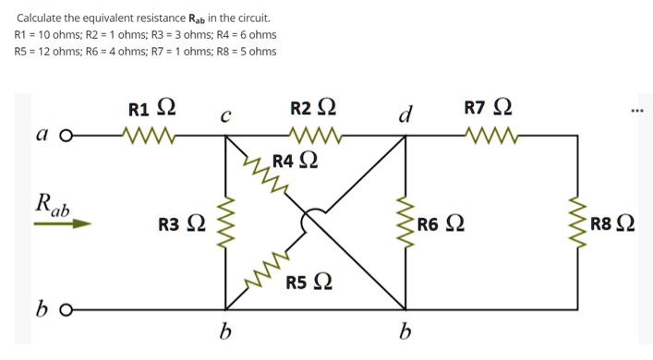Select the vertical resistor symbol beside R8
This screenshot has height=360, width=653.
point(578,223)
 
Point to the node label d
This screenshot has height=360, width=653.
point(404,115)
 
